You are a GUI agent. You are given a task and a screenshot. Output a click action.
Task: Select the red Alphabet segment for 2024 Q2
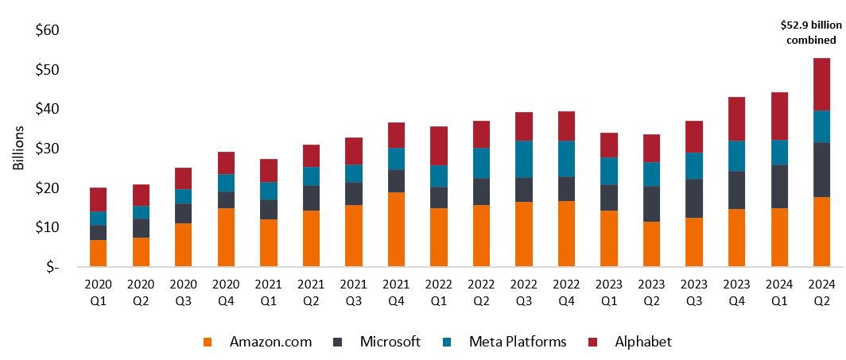click(x=821, y=84)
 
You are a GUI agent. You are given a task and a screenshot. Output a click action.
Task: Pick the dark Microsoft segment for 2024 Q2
click(x=821, y=170)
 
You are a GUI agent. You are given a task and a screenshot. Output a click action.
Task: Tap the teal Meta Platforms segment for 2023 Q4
click(x=737, y=156)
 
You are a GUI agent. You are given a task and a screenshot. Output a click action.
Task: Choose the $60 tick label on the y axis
click(x=48, y=30)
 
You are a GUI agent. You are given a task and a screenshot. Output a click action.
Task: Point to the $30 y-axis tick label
click(x=48, y=149)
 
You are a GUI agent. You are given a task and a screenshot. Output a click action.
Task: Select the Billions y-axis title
click(x=19, y=149)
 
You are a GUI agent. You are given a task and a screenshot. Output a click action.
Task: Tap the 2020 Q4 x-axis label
click(x=225, y=289)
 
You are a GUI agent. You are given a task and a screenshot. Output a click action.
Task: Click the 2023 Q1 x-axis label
click(x=609, y=289)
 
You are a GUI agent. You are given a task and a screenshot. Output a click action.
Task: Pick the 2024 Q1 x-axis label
click(x=779, y=289)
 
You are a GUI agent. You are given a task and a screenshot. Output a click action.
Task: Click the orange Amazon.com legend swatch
click(x=209, y=343)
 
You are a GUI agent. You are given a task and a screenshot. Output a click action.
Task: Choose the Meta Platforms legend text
click(x=518, y=342)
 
